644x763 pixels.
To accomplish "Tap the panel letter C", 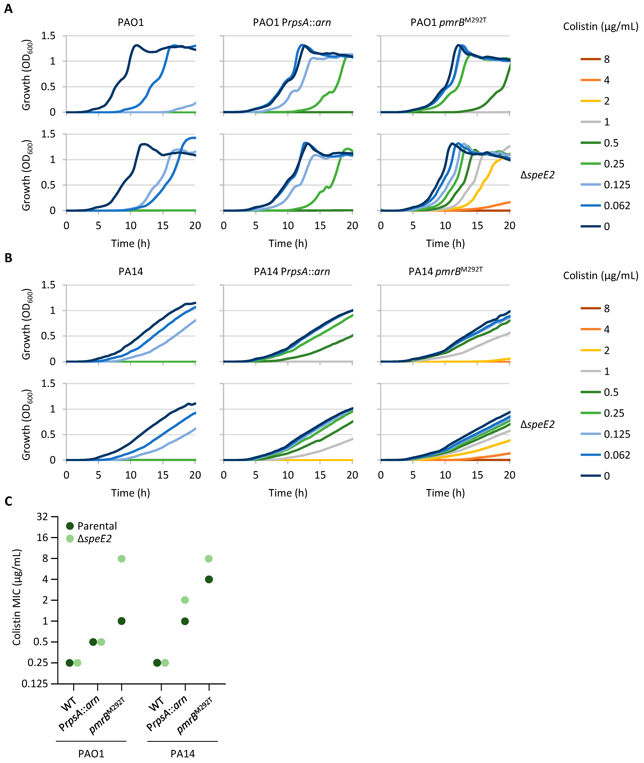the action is pos(8,501).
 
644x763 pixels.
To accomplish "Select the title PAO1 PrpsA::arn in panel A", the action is pos(292,23).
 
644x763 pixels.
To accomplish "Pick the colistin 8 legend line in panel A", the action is pos(590,59).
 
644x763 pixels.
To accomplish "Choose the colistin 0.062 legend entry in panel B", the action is pos(605,455).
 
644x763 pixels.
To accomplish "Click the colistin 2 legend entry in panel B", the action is pos(595,350).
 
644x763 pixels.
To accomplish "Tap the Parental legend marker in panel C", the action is pos(70,526).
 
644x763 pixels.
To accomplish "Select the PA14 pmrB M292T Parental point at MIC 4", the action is pos(209,579).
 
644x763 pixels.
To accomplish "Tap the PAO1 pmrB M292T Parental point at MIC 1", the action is pos(122,621).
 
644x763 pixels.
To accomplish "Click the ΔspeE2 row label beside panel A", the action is pos(537,175).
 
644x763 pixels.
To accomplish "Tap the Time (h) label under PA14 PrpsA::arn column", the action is pos(288,493).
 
